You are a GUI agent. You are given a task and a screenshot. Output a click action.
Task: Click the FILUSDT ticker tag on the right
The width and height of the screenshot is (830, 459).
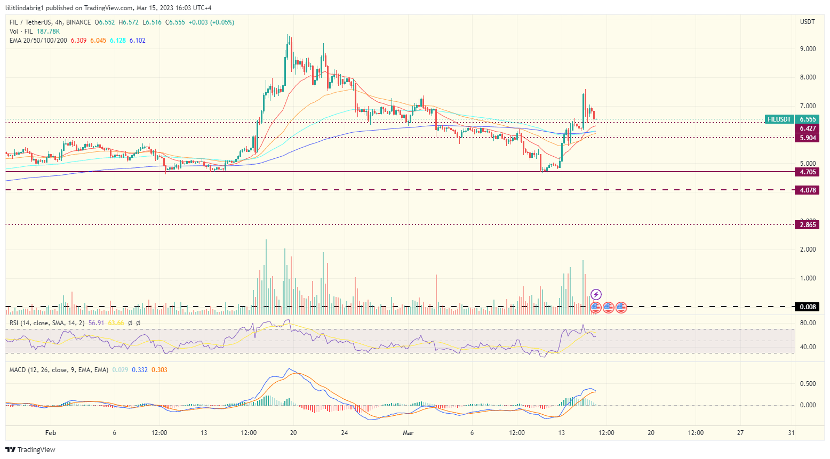[779, 119]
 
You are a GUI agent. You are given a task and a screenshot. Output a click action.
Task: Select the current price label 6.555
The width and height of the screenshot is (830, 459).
[808, 119]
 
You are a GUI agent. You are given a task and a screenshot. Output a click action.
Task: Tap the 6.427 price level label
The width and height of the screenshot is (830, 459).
[808, 128]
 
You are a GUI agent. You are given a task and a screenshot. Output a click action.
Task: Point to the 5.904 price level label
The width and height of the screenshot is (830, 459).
[808, 138]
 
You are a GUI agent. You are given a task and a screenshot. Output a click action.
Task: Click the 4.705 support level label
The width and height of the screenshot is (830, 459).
[808, 172]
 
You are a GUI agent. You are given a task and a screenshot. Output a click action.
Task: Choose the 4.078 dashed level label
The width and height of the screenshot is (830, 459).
[808, 190]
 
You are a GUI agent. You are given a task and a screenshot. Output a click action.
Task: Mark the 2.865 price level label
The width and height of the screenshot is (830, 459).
[808, 225]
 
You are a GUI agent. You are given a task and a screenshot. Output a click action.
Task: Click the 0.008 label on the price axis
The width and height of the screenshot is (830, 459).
[808, 307]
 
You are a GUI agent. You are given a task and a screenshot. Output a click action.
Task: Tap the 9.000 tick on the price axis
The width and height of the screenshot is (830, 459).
[808, 49]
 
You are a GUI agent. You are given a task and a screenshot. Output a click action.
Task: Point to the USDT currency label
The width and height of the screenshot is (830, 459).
[808, 22]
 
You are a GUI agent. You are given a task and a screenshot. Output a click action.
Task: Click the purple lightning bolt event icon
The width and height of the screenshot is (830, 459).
[596, 294]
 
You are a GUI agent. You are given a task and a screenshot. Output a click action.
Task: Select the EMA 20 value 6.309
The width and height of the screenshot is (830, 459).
[78, 41]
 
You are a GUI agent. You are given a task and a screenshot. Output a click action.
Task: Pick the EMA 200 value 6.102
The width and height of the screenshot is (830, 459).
[137, 41]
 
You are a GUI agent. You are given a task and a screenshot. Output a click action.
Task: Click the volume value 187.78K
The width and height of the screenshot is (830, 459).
[48, 31]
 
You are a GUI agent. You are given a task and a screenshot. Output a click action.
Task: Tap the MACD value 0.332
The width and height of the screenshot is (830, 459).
[140, 370]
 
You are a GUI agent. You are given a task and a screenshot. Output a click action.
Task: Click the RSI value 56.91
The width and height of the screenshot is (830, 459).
[96, 323]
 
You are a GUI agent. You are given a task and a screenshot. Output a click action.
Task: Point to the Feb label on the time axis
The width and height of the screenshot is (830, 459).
[51, 433]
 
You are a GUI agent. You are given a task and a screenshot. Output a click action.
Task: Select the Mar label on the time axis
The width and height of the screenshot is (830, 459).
[408, 433]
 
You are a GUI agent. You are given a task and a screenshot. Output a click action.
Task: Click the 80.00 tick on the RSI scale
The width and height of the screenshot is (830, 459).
[808, 323]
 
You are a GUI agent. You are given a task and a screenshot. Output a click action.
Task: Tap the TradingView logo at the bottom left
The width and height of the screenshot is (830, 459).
[30, 450]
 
